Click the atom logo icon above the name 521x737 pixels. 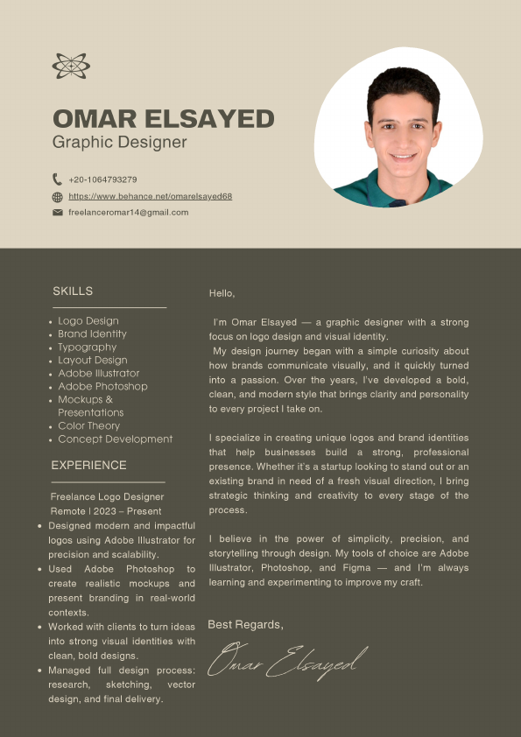[x=71, y=66]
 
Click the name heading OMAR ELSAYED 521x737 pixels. [x=163, y=118]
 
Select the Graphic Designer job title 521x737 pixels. [x=119, y=142]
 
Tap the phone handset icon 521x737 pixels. [x=58, y=179]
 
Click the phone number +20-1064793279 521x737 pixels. [x=102, y=179]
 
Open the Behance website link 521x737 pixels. [x=150, y=197]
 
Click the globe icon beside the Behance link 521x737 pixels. [x=58, y=197]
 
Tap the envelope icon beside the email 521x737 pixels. [x=58, y=212]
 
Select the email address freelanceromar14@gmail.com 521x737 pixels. [x=128, y=212]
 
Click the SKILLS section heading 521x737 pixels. [x=73, y=291]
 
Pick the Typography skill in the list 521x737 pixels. [x=87, y=347]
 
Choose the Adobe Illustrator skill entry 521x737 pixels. [x=98, y=373]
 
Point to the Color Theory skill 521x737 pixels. [x=88, y=425]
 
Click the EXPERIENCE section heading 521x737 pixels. [x=88, y=465]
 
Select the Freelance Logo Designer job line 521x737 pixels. [x=107, y=497]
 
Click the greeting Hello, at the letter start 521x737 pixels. [x=222, y=293]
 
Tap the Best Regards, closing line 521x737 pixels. [x=245, y=624]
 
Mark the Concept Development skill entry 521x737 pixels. [x=115, y=439]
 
